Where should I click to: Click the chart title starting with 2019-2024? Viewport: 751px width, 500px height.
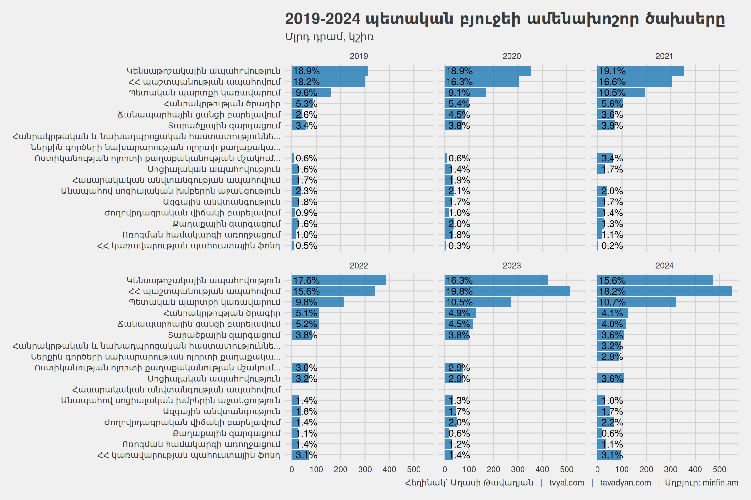click(505, 19)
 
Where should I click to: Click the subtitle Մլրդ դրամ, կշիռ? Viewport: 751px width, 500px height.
click(329, 37)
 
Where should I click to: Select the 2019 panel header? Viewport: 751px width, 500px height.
click(359, 56)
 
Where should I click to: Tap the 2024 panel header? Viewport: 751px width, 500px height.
click(664, 266)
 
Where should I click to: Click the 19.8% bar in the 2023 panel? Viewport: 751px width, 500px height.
click(507, 291)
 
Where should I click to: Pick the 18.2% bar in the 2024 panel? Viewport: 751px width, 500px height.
click(664, 291)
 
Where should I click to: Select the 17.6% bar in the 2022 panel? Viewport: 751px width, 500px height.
click(338, 280)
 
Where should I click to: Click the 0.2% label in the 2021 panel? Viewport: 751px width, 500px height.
click(612, 246)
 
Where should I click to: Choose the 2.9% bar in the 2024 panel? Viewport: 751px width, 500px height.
click(608, 357)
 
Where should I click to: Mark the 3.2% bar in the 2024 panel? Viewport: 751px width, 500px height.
click(610, 346)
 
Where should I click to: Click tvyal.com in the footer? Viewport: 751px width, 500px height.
click(567, 483)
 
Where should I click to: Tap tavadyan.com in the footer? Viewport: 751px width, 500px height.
click(625, 483)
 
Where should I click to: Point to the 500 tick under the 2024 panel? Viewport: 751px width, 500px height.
click(719, 469)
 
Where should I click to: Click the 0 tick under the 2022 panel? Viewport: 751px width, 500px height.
click(292, 469)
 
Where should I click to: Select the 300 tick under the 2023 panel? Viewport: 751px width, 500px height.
click(518, 469)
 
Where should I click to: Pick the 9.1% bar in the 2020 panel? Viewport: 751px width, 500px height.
click(465, 92)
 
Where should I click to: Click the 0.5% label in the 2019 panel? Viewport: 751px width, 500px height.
click(306, 246)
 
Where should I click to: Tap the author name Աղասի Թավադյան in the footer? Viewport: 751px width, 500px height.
click(492, 483)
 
